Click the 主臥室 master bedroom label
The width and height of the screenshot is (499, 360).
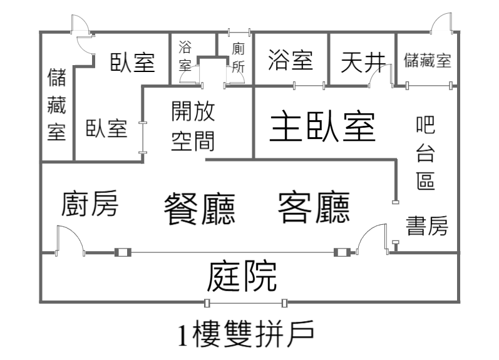click(322, 126)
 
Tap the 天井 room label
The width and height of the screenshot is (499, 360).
click(363, 61)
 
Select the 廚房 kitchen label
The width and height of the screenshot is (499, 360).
click(90, 203)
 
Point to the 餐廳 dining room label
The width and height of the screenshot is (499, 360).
click(200, 209)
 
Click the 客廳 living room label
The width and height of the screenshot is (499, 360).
click(314, 207)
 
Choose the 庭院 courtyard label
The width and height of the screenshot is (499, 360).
click(242, 276)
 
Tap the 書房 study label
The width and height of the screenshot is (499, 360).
click(427, 225)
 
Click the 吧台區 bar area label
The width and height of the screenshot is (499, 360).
click(426, 153)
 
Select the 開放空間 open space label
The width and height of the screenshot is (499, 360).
click(193, 126)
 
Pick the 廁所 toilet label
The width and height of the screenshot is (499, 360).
click(238, 58)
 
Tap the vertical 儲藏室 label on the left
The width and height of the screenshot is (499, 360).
click(56, 104)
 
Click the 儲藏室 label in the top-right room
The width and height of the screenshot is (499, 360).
click(428, 60)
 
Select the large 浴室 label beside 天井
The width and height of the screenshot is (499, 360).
click(291, 59)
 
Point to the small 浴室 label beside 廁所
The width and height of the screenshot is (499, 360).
click(185, 56)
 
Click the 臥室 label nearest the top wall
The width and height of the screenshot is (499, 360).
click(132, 62)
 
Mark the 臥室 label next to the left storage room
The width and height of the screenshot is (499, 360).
click(106, 128)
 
